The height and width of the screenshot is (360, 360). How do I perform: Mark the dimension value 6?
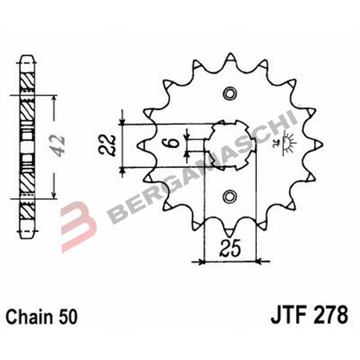(170, 144)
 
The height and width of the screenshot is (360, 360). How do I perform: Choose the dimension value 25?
(230, 248)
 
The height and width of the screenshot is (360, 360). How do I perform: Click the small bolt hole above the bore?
(230, 94)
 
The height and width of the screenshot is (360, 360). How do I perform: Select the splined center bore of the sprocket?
(230, 145)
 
